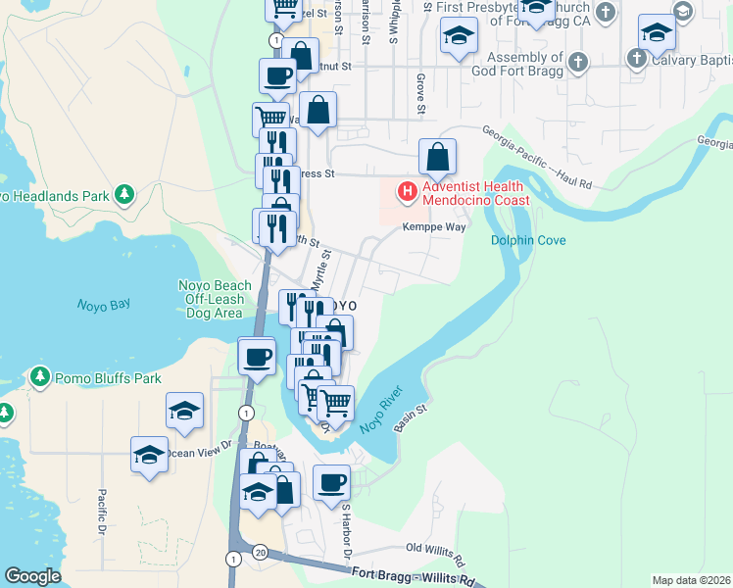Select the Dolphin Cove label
coord(528,240)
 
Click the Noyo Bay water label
coord(104,305)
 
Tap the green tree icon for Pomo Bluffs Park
coord(40,377)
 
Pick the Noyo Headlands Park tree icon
coord(123,195)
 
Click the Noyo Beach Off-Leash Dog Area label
coord(214,299)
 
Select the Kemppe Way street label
coord(434,227)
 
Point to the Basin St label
coord(412,420)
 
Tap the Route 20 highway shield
coord(260,553)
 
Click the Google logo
coord(32,576)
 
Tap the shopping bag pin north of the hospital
coord(438,156)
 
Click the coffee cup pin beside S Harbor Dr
coord(332,482)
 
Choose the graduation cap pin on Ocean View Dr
coord(150,454)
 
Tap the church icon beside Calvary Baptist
coord(637,58)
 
